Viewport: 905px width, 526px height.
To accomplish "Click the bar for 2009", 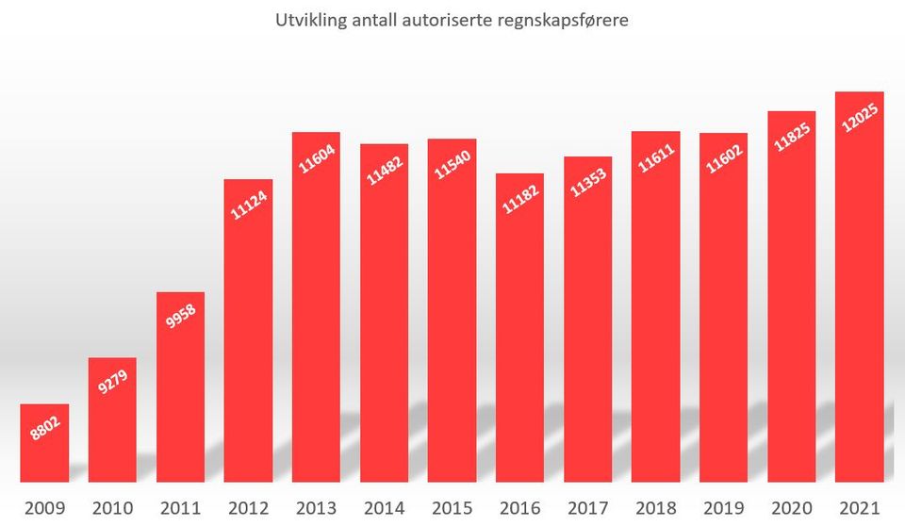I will (44, 443).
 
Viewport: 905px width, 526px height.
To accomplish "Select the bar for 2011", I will (180, 386).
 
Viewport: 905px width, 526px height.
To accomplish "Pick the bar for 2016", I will (519, 330).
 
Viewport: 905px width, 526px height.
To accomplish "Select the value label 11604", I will (316, 157).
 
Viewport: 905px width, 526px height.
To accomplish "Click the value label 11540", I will (452, 162).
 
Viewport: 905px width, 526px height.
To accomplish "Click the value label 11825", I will (792, 135).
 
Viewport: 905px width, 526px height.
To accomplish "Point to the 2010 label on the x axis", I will (112, 509).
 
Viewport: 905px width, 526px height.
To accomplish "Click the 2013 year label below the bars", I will (316, 509).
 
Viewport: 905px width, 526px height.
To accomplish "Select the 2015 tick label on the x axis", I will (452, 509).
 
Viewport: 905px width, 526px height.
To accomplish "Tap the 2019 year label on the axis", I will (723, 509).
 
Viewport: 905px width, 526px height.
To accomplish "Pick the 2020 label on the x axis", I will (791, 509).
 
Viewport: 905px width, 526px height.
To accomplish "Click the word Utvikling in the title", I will (306, 20).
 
